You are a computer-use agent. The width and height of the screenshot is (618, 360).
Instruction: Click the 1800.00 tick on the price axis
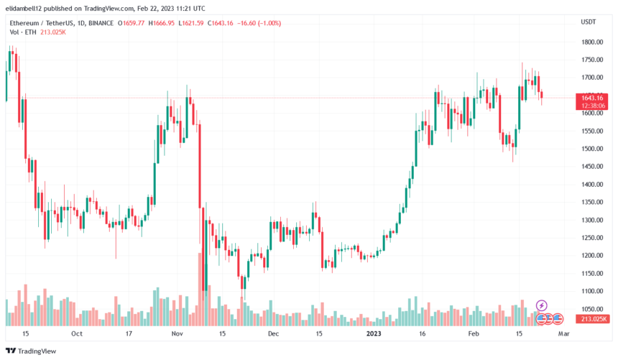(593, 42)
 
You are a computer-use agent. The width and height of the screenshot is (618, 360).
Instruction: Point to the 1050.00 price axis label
(593, 309)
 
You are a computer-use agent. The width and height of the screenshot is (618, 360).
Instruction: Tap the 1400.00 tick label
(593, 185)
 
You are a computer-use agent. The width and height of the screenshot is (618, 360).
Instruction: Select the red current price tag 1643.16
(594, 98)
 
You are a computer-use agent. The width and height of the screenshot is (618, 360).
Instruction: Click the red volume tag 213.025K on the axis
(594, 319)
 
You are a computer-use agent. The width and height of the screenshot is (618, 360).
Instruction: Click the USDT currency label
(589, 22)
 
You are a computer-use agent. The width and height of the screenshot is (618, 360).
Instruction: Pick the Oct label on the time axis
(77, 333)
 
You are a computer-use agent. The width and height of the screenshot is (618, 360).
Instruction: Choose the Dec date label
(273, 333)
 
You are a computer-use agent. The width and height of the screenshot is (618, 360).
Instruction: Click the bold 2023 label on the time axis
(374, 333)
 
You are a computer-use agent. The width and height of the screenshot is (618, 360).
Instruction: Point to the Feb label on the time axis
(474, 333)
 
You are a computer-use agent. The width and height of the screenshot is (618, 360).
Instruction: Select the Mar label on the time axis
(564, 333)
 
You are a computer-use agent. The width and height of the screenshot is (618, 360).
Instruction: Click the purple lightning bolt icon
(542, 306)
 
